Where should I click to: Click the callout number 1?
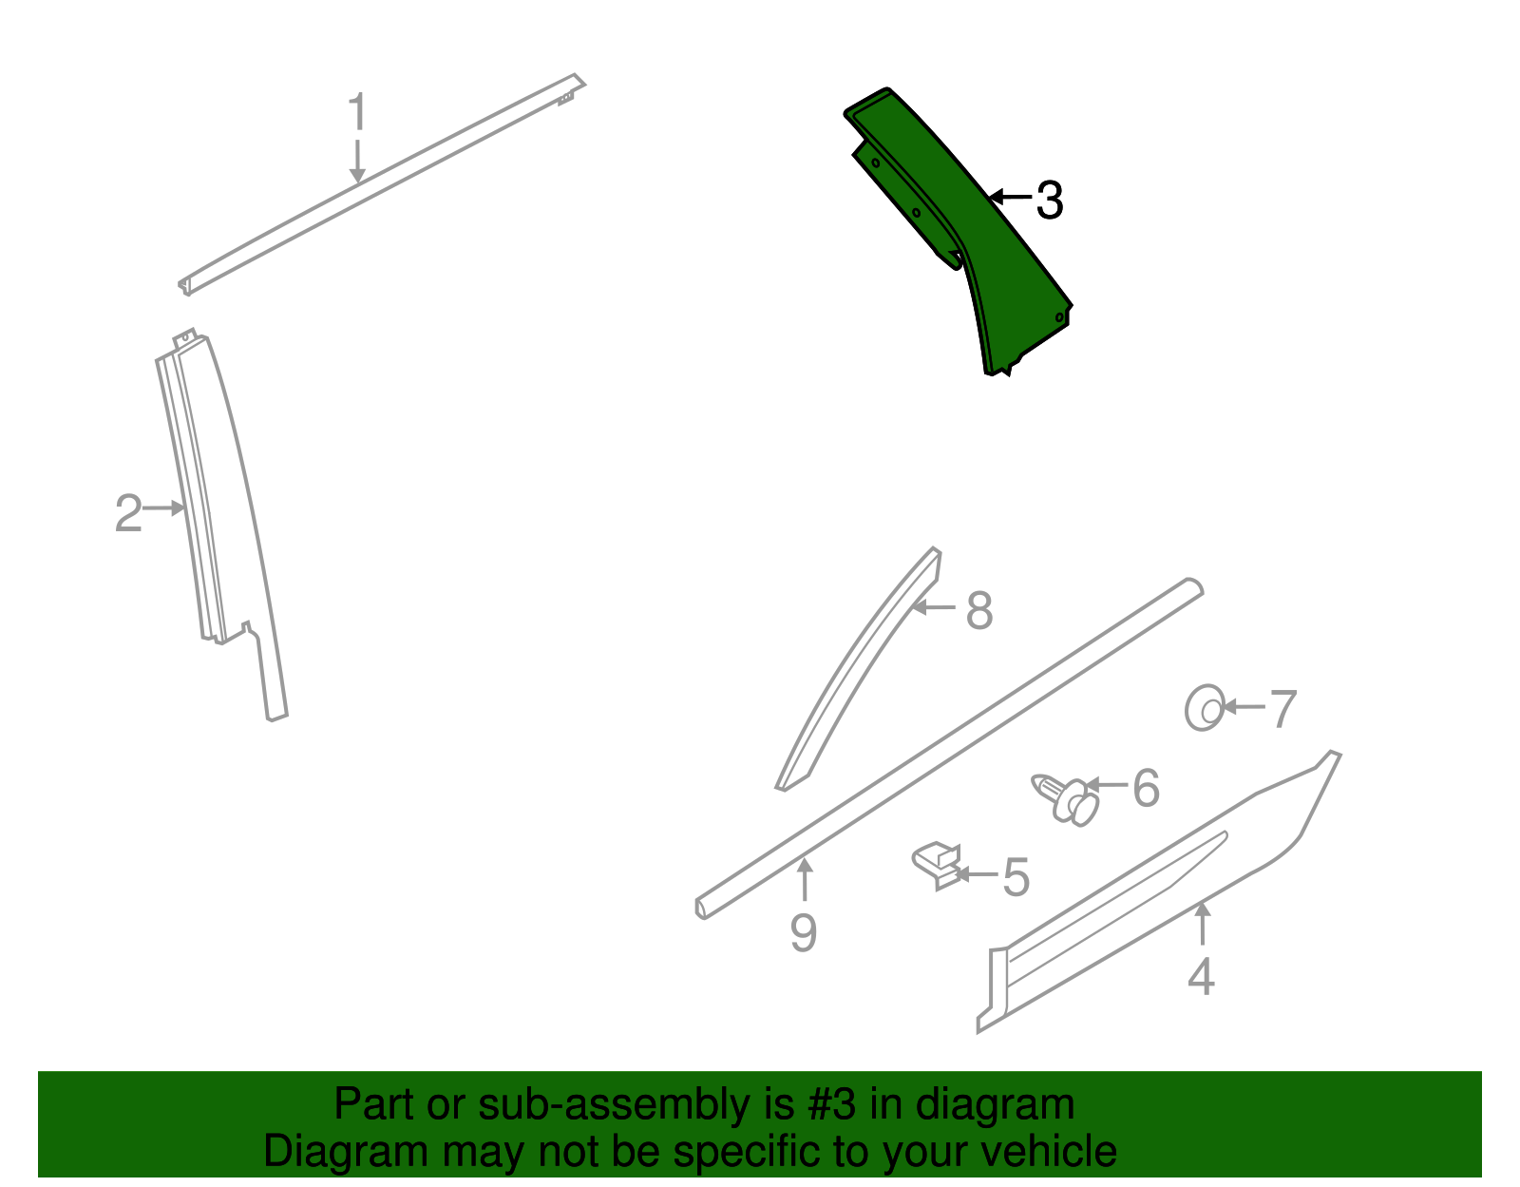[x=357, y=113]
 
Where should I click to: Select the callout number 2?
[x=128, y=514]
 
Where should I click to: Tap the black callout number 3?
[x=1049, y=201]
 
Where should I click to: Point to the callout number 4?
[x=1202, y=977]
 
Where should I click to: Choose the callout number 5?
[x=1016, y=877]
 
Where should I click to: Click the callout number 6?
[x=1147, y=789]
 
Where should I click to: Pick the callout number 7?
[x=1283, y=710]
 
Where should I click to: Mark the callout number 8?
[x=979, y=611]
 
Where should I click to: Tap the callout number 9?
[x=804, y=933]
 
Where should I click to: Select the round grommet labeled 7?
[x=1205, y=708]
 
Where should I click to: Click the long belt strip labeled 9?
[x=950, y=746]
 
